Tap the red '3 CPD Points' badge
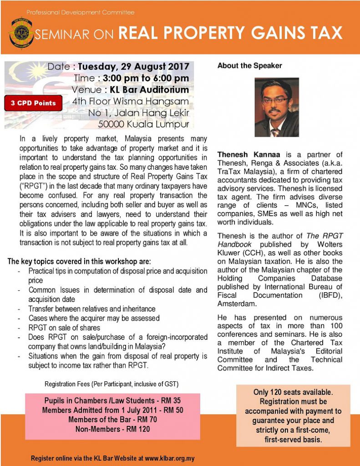(x=34, y=103)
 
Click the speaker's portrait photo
(x=277, y=107)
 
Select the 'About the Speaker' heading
(x=249, y=66)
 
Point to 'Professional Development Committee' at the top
(x=81, y=12)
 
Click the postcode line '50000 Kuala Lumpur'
(x=143, y=123)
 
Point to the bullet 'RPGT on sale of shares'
(x=64, y=328)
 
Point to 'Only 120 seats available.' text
(x=293, y=392)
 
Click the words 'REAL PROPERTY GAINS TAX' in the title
(x=230, y=33)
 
